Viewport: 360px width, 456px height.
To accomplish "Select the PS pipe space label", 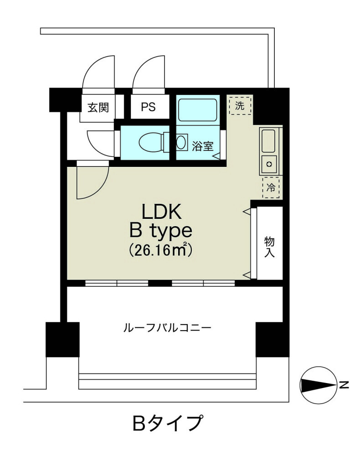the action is [148, 107].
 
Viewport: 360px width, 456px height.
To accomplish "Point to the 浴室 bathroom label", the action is [202, 146].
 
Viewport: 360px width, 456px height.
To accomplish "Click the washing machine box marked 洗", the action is [240, 105].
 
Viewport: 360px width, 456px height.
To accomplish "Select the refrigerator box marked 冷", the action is [271, 187].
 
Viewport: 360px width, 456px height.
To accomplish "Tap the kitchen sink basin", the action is [268, 141].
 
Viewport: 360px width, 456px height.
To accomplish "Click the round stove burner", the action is [269, 164].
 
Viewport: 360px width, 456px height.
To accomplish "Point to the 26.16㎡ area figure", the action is [160, 250].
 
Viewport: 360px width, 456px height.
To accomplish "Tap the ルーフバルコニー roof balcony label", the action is [167, 328].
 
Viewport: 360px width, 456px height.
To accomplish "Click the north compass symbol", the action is [318, 385].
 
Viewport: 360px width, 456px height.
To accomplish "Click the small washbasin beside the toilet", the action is [181, 142].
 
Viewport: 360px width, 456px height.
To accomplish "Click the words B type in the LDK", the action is [161, 231].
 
